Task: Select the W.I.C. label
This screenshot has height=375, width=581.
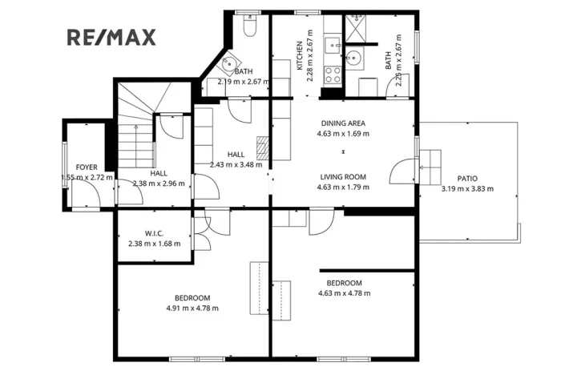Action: pos(154,234)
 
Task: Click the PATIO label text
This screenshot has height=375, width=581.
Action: pos(467,179)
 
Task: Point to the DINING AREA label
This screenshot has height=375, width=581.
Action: pos(343,123)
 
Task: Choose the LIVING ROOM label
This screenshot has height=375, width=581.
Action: pos(343,177)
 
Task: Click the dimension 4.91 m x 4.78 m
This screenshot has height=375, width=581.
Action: pos(192,308)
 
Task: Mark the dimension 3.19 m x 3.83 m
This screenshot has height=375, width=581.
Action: pos(467,189)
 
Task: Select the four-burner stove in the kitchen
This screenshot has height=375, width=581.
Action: pos(332,73)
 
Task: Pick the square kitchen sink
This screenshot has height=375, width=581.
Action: pos(332,44)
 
